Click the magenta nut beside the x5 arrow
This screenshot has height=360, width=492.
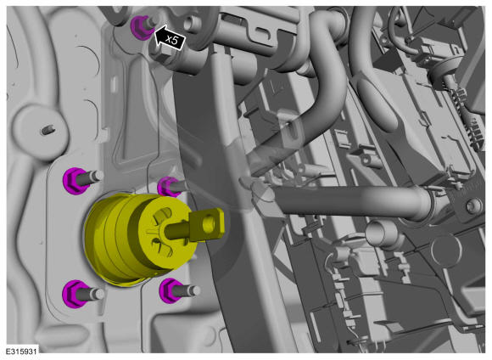(x=141, y=28)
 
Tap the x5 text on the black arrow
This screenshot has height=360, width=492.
(x=171, y=40)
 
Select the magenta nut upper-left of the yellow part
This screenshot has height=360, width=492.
(x=75, y=181)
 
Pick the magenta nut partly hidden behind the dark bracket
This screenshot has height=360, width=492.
(x=168, y=187)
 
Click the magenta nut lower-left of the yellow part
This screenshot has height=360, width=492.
(x=74, y=294)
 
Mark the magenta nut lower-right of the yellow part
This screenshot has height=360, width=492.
(x=171, y=290)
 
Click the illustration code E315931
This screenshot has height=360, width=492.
(x=21, y=351)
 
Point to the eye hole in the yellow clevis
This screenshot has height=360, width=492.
(x=208, y=224)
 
